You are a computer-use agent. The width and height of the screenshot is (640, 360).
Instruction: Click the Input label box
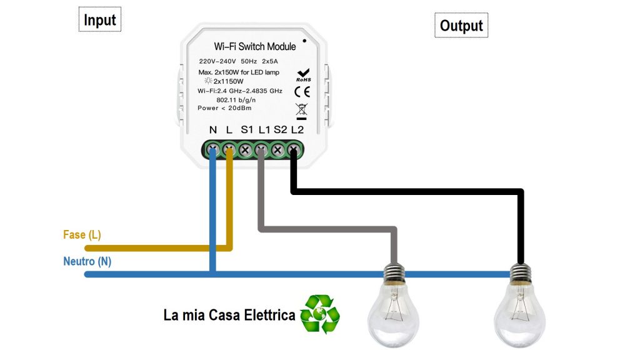coord(100,20)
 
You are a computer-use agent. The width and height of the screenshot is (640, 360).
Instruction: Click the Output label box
coord(461,26)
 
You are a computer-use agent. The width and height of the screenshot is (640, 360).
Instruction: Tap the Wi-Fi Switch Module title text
coord(255,46)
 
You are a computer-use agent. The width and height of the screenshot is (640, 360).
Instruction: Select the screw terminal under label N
coord(213,149)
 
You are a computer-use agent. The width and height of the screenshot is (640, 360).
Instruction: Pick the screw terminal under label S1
coord(246,149)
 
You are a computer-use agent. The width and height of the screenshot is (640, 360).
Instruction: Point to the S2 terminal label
coord(280,130)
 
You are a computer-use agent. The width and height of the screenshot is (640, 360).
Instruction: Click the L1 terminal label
coord(264,130)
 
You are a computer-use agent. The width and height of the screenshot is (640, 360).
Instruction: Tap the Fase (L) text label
coord(82,235)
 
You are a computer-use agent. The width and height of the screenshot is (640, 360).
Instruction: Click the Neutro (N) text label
coord(87,261)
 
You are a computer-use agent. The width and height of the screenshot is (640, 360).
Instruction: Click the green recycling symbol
coord(319,314)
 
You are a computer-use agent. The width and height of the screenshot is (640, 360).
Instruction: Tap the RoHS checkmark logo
coord(304,75)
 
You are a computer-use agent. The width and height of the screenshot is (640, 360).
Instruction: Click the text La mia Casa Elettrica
coord(229,314)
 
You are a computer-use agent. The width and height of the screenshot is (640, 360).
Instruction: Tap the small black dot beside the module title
coord(304,41)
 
